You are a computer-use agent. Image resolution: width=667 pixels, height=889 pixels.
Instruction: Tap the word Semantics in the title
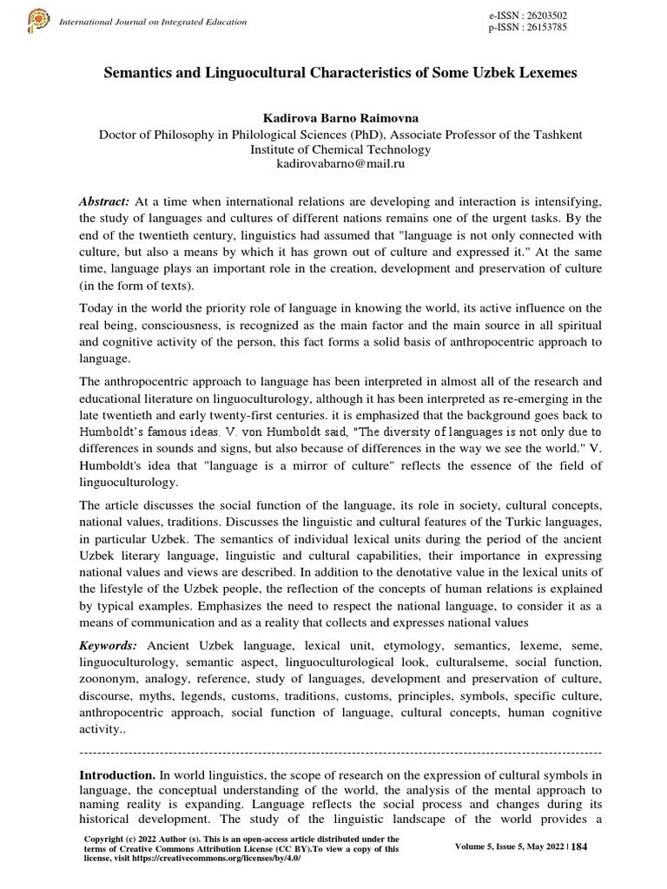(x=141, y=74)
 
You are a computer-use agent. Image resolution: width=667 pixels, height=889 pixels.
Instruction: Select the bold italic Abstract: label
(x=104, y=201)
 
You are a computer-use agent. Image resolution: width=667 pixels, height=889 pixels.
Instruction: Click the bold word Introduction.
(x=116, y=774)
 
